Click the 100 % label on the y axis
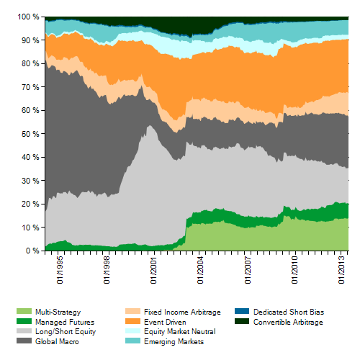pos(28,17)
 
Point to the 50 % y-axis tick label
pos(30,134)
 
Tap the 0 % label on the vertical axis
pos(32,251)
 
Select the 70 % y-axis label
pos(30,87)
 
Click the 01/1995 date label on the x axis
pos(60,270)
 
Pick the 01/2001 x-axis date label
pos(153,270)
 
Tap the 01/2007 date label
pos(248,270)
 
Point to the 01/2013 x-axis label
pos(341,270)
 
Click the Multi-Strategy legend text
pos(58,312)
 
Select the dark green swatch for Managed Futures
pos(24,321)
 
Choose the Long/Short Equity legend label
pos(66,332)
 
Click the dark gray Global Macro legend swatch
pos(24,341)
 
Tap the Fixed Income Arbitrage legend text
pos(182,312)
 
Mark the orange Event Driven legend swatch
pos(132,321)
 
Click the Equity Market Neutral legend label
pos(180,332)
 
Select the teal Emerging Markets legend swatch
pos(132,341)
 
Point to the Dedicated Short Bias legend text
pos(289,312)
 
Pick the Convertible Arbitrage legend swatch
pos(242,321)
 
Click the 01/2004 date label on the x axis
pos(200,270)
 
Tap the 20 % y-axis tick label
pos(30,204)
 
